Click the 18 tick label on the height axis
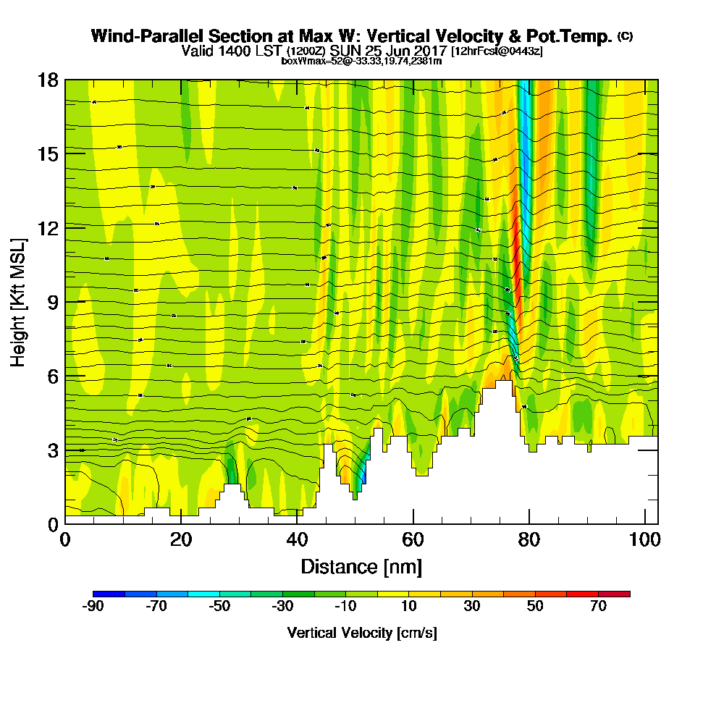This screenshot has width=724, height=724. pyautogui.click(x=48, y=80)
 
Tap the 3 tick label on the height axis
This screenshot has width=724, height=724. pyautogui.click(x=52, y=450)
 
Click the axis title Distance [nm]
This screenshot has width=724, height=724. pyautogui.click(x=361, y=566)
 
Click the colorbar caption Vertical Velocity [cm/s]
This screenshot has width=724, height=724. pyautogui.click(x=361, y=633)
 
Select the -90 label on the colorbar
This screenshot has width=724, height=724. pyautogui.click(x=94, y=607)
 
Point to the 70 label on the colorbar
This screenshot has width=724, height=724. pyautogui.click(x=598, y=607)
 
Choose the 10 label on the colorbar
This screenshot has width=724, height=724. pyautogui.click(x=409, y=607)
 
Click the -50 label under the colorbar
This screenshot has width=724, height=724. pyautogui.click(x=219, y=607)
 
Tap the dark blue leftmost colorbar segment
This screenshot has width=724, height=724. pyautogui.click(x=109, y=594)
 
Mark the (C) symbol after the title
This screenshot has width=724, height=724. pyautogui.click(x=625, y=35)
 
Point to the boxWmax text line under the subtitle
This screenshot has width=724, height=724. pyautogui.click(x=361, y=61)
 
